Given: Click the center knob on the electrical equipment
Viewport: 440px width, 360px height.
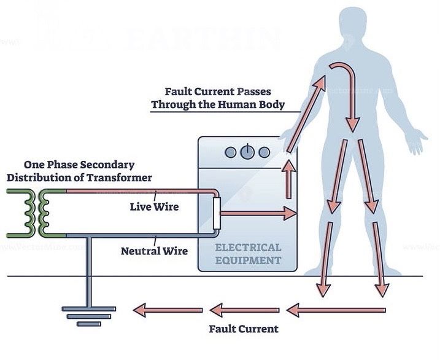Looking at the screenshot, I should coord(247,151).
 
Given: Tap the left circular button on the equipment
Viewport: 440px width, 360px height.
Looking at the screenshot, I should coord(230,152).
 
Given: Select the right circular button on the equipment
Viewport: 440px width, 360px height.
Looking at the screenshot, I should coord(264,152).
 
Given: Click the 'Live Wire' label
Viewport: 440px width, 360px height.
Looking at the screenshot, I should coord(154,206).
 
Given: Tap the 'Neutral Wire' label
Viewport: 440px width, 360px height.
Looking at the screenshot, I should coord(154,251).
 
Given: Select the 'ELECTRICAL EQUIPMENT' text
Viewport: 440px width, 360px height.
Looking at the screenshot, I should coord(248,254).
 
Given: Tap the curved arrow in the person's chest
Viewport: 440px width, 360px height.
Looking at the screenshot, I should coord(344,92).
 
